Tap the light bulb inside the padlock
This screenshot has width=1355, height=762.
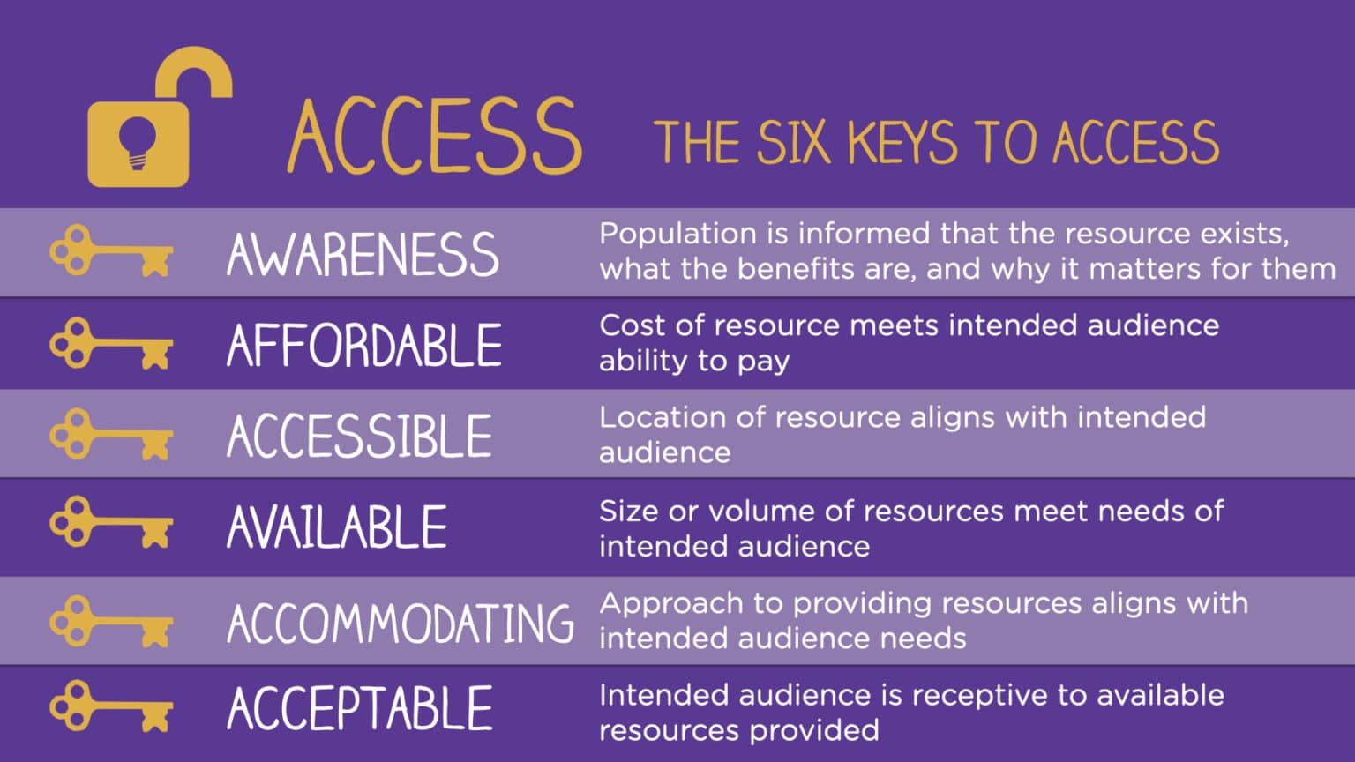pos(137,141)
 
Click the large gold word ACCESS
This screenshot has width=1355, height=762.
pos(434,137)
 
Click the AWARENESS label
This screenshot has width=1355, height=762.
pos(363,254)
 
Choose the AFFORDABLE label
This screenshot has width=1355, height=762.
pos(364,345)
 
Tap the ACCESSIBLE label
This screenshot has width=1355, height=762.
pos(359,436)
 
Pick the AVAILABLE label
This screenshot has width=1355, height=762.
pos(337,527)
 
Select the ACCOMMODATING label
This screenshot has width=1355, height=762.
pos(400,623)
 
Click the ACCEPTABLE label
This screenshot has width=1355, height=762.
pos(360,708)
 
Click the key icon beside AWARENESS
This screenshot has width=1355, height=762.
pos(111,252)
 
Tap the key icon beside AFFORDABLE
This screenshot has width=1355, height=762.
pos(111,344)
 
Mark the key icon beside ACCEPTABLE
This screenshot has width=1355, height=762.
pos(111,706)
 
